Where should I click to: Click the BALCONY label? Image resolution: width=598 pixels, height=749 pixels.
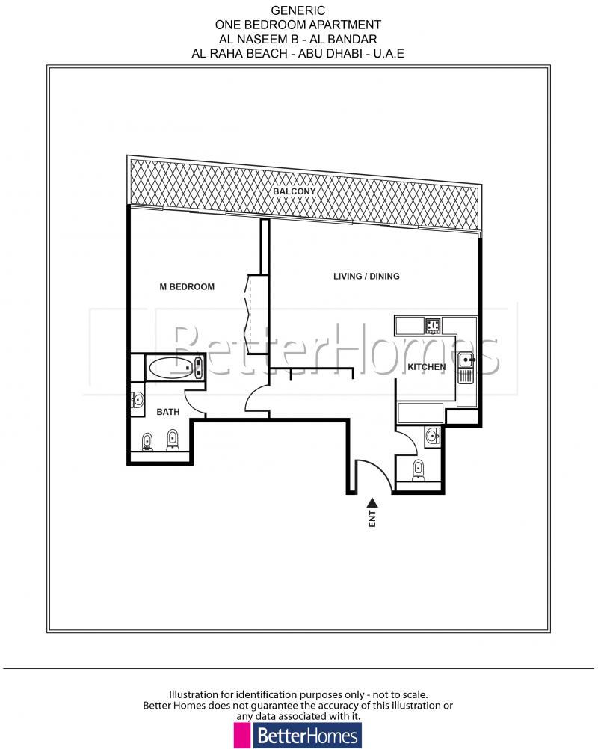(295, 191)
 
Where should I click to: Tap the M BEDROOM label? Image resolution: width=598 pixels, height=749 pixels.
(188, 286)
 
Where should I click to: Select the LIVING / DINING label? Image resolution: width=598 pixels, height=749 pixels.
(366, 276)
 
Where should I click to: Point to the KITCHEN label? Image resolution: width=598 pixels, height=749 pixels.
(427, 367)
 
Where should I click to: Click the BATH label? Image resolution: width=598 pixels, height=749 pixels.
(167, 412)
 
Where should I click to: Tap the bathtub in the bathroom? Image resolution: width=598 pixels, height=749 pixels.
(175, 368)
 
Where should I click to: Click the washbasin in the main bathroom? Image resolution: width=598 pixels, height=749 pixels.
(138, 400)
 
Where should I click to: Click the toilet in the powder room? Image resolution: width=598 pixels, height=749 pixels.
(419, 469)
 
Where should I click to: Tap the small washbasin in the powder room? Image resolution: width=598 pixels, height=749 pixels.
(431, 435)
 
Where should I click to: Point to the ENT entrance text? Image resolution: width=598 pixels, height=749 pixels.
(372, 521)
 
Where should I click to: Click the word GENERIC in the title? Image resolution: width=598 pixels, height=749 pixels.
(298, 11)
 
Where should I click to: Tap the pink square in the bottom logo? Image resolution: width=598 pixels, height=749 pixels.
(241, 736)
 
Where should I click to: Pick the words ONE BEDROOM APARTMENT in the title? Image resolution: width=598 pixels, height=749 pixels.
(298, 25)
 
